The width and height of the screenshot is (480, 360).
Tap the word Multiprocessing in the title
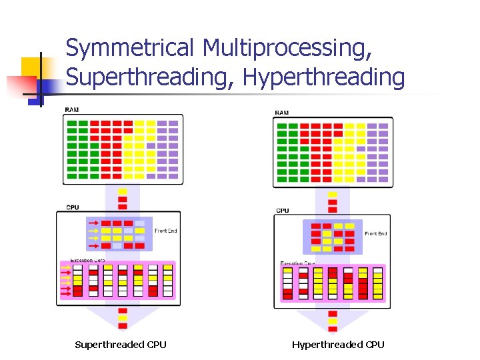coord(287,48)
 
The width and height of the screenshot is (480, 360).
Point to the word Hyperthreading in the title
coord(324,77)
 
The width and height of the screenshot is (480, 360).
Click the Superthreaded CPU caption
coord(121,345)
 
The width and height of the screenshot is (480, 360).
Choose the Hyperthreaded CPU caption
coord(338,345)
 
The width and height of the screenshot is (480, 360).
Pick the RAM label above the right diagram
coord(281,113)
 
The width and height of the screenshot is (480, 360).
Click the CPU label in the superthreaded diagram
coord(72,207)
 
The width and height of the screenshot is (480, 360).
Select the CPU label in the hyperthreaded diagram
coord(282,211)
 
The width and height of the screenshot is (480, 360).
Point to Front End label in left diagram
coord(166,231)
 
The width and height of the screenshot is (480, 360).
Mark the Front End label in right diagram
coord(375,233)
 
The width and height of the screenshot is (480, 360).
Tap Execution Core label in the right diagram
coord(296,263)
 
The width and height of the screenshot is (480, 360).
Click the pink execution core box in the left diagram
coord(118,280)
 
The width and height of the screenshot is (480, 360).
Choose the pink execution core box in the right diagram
coord(332,284)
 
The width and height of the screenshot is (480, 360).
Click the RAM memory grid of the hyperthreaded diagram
coord(333,151)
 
